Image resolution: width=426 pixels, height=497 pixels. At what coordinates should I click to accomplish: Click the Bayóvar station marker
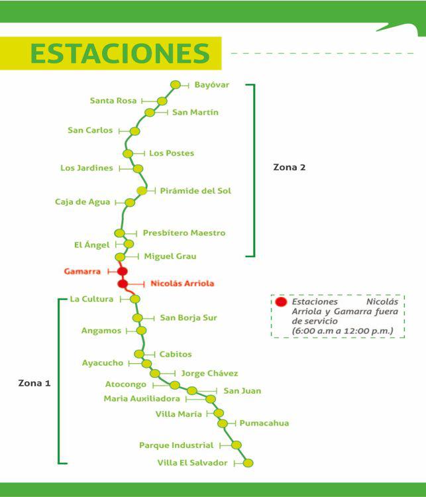[176, 84]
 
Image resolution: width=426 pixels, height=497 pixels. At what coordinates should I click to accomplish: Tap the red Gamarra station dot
[122, 271]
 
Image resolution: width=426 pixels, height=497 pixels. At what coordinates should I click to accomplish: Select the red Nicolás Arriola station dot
[123, 284]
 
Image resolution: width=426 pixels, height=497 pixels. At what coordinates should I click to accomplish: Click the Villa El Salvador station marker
[248, 463]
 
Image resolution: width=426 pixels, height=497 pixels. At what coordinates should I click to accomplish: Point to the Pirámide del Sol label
[195, 191]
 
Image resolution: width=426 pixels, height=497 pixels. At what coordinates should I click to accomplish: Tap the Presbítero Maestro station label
[184, 233]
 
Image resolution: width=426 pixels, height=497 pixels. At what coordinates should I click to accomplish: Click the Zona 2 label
[290, 167]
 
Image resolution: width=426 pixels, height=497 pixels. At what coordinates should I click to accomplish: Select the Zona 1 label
[34, 383]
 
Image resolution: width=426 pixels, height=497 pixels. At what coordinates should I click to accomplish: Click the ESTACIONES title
[120, 54]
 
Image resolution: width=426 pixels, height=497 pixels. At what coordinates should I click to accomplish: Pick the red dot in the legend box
[281, 302]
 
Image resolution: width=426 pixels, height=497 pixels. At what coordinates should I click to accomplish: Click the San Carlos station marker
[134, 131]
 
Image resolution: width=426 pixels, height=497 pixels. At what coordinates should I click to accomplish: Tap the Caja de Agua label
[82, 202]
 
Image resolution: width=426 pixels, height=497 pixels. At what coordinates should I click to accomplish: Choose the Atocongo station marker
[174, 384]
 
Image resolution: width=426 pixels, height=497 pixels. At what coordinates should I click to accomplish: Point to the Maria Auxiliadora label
[142, 399]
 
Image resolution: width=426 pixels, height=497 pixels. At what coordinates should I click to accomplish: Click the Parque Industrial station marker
[237, 445]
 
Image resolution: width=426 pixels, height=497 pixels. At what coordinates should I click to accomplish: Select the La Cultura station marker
[135, 299]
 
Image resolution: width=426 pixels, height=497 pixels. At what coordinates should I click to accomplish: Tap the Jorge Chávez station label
[209, 374]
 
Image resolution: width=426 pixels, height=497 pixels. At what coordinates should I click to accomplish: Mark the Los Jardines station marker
[138, 168]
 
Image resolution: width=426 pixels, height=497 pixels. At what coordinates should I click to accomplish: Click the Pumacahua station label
[264, 423]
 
